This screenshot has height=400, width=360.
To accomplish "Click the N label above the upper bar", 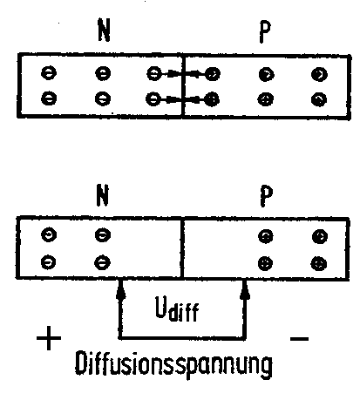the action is pos(104,30).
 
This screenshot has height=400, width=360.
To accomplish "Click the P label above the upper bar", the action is pos(264,31).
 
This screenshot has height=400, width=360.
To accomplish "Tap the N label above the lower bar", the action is pos(102,195).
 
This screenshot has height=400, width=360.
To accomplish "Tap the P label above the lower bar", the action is pos(266,195).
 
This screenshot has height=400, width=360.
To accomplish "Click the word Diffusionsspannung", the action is pos(173,364).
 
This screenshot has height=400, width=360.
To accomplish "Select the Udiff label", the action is pos(177,308).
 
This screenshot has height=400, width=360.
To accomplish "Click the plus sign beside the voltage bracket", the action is pos(49,338).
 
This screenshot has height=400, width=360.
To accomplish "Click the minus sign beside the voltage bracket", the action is pos(299,338).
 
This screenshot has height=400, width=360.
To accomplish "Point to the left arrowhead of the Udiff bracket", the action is pos(121,290).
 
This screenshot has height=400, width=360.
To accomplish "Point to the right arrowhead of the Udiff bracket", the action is pos(245,290).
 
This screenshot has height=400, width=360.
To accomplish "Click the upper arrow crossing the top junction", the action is pos(183,74).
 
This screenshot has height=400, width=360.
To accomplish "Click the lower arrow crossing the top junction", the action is pos(183,99).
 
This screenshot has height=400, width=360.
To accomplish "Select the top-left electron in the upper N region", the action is pos(49,72).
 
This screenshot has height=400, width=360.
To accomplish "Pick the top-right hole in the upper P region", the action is pos(319,74).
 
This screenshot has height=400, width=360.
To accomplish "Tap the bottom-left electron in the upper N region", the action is pos(49,98).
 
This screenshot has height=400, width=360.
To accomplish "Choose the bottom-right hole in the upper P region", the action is pos(319,99).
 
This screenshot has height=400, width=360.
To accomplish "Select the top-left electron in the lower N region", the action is pos(49,234).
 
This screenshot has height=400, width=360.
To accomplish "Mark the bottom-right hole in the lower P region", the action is pos(318,264).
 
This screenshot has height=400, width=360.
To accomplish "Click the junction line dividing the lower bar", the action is pos(182,247).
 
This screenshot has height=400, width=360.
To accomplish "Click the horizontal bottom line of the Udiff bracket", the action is pos(183,338).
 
